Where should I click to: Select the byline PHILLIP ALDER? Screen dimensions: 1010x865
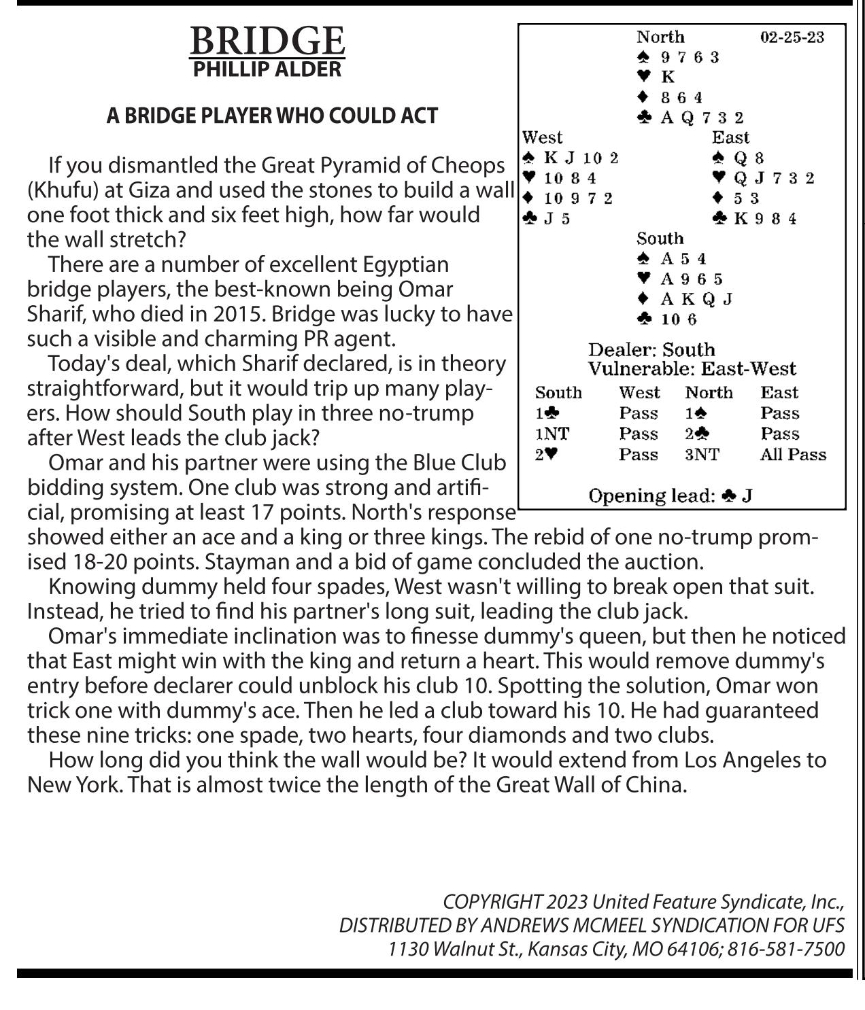click(267, 69)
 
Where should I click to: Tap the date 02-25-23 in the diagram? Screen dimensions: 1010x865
click(792, 37)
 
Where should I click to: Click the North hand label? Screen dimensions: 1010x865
click(660, 37)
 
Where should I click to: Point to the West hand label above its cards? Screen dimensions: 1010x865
click(543, 137)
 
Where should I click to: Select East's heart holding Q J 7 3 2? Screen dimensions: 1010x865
click(773, 178)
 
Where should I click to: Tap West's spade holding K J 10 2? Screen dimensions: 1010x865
click(581, 158)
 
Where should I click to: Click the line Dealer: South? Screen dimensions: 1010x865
click(651, 350)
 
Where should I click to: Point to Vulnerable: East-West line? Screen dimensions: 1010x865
click(691, 369)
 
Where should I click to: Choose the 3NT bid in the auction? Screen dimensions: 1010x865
click(701, 455)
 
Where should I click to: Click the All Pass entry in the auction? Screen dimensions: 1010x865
click(792, 455)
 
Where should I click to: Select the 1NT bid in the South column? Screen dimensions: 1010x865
click(552, 434)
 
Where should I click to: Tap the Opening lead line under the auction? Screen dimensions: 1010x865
click(669, 496)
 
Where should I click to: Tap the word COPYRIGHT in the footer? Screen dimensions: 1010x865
click(492, 902)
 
